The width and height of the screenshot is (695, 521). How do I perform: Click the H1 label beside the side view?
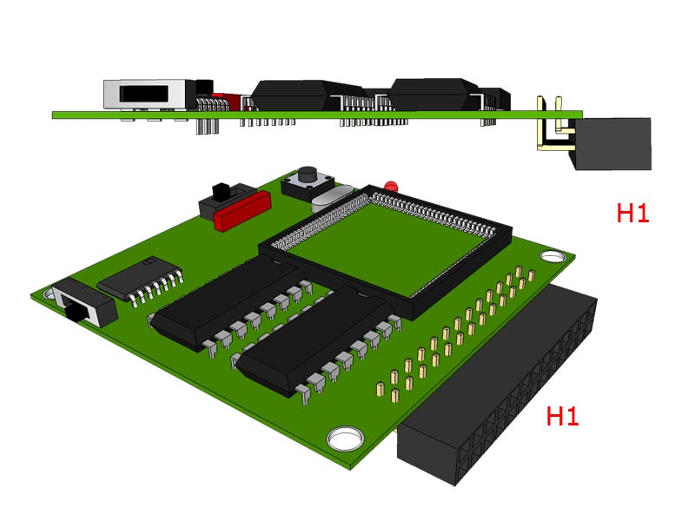click(x=632, y=213)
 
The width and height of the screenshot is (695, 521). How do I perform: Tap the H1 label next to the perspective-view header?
click(x=562, y=416)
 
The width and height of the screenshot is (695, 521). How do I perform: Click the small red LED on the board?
click(x=390, y=186)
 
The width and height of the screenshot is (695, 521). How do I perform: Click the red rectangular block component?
click(x=242, y=210)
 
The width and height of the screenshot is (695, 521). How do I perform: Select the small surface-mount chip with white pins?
click(x=140, y=280)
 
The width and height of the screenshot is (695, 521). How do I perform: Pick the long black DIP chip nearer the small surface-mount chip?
click(x=230, y=300)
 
